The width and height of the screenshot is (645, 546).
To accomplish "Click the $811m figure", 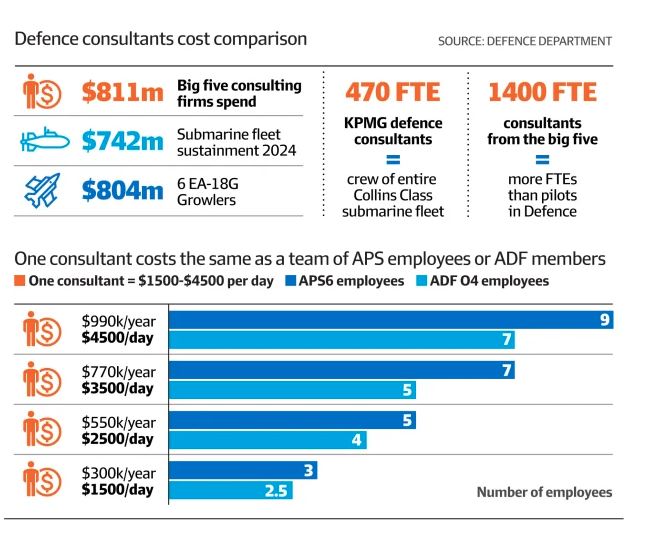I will tap(121, 93).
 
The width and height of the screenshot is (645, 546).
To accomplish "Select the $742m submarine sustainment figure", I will tap(121, 142).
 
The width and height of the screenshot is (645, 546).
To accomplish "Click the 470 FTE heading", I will tap(392, 93).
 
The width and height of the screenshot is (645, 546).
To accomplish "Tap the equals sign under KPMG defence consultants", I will tap(392, 160).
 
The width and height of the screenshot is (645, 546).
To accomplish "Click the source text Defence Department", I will tap(525, 41).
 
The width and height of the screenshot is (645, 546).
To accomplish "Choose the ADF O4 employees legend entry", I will tap(482, 281).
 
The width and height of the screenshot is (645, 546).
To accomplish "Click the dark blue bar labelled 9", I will tap(390, 320).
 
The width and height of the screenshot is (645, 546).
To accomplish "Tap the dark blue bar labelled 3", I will tap(243, 470).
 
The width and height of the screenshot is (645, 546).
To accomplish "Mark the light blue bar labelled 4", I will tap(267, 440).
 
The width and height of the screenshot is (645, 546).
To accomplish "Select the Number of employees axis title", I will tap(544, 492).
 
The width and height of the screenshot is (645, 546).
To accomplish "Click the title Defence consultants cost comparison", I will tap(160, 39).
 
